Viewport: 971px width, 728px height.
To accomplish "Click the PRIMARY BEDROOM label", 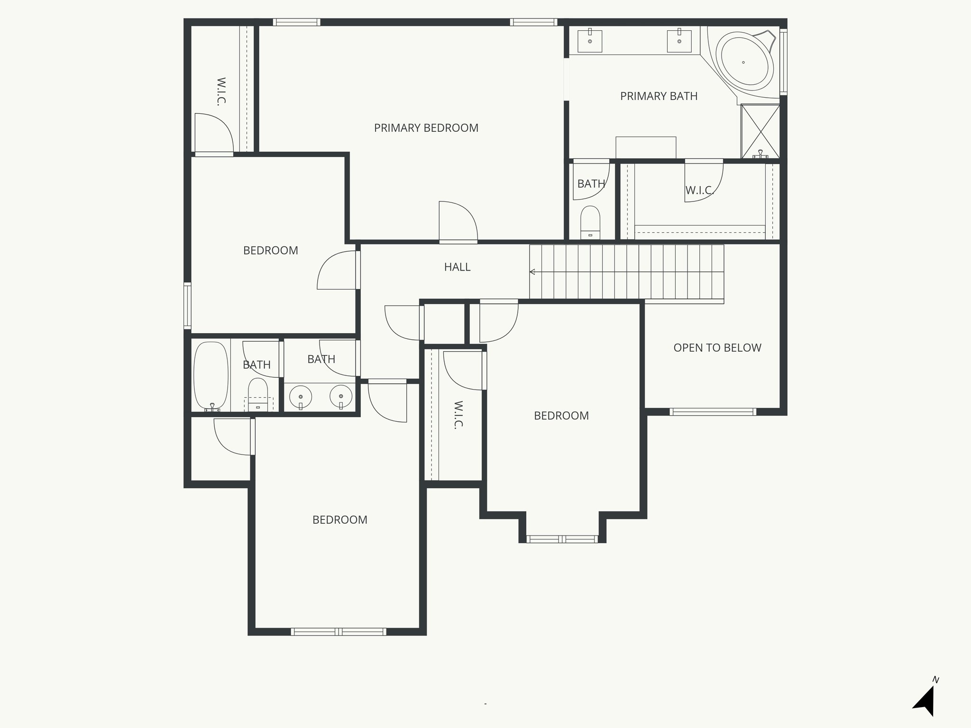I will click(426, 128).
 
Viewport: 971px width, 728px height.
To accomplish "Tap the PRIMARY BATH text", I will click(659, 96).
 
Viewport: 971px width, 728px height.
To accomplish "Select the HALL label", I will click(457, 267).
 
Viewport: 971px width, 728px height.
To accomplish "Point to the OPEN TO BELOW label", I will click(717, 348).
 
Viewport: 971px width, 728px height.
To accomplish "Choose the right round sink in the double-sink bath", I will click(341, 396).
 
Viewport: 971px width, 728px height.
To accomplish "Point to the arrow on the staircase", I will click(533, 272).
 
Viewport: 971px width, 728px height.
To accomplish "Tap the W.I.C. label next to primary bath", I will click(699, 191).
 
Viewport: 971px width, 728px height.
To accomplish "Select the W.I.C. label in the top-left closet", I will click(221, 91).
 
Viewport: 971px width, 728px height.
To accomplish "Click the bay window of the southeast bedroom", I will click(562, 539).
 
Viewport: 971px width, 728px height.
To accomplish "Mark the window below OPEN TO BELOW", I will click(713, 412).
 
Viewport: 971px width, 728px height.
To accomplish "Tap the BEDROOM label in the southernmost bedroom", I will click(339, 520).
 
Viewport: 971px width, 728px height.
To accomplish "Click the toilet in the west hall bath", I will click(258, 393).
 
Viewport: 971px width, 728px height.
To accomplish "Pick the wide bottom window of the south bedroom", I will click(339, 631).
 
